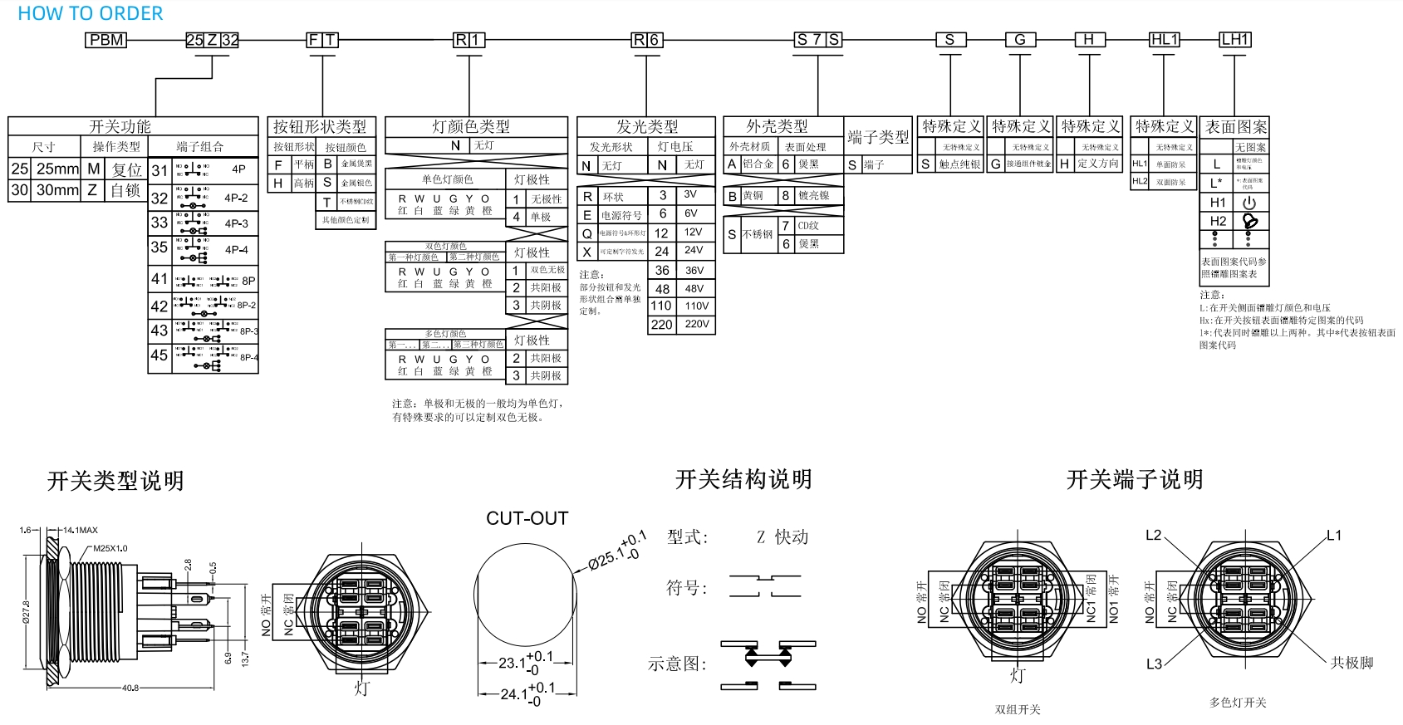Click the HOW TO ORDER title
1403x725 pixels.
90,13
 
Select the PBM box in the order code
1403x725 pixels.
106,40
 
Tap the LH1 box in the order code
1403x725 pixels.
1234,40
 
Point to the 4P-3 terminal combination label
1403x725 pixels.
236,224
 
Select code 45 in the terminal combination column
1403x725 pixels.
159,355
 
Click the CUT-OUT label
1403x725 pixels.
527,519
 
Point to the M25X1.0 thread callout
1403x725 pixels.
110,548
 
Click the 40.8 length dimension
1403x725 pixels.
130,688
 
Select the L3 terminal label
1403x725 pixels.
1154,664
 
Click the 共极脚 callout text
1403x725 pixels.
1351,663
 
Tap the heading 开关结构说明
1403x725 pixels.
743,479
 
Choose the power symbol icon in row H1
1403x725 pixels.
1249,203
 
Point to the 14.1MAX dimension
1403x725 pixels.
81,530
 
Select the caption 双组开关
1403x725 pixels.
1018,709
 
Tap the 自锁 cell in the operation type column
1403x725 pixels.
125,190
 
